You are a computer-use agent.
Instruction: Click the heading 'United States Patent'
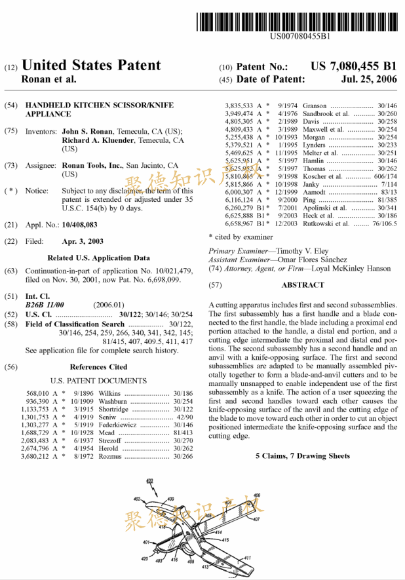tap(91, 65)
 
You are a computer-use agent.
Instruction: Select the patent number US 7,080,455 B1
tap(353, 66)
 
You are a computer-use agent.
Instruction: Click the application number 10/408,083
tap(83, 225)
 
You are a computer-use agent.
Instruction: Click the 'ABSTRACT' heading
tap(302, 285)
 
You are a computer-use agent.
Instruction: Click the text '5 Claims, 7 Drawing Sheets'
tap(302, 455)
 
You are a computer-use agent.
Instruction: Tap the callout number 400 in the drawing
tap(150, 482)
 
